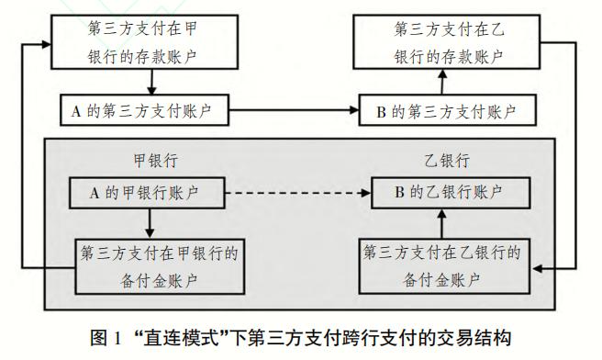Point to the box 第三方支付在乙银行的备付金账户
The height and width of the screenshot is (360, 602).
click(443, 264)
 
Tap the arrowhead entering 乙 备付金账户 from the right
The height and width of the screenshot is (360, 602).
click(538, 267)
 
